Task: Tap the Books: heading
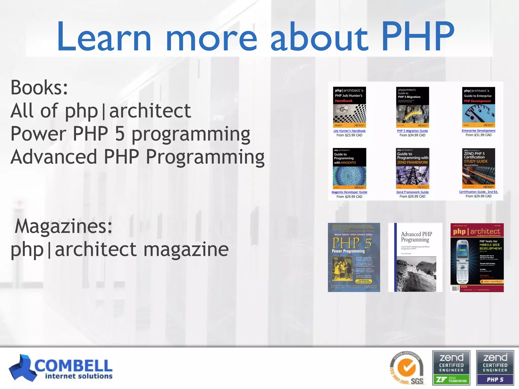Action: [39, 87]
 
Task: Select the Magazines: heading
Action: [63, 226]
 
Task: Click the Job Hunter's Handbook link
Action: [349, 131]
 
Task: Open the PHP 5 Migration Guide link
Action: [412, 131]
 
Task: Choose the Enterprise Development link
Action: [478, 131]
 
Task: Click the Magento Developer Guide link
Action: [349, 192]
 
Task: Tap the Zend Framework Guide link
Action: [412, 192]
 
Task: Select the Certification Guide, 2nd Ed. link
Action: [478, 192]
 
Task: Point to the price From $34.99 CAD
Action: [412, 135]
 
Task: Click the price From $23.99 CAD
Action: [349, 135]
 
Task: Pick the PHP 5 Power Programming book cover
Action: [354, 257]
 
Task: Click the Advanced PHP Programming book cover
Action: [415, 257]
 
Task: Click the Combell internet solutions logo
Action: [61, 368]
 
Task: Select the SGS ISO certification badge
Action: [407, 368]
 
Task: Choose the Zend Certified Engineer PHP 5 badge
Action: [495, 368]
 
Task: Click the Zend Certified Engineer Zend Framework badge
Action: [451, 368]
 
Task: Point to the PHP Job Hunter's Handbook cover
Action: [349, 107]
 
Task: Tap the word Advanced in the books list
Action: [54, 157]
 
